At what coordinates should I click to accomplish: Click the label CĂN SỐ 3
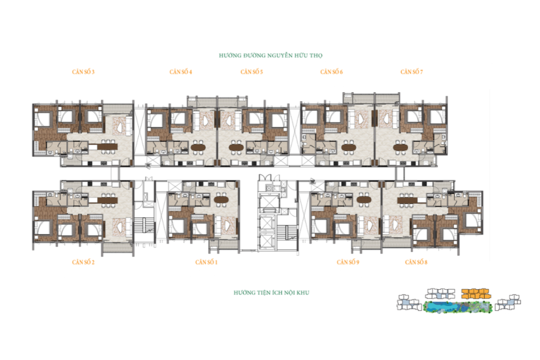pyautogui.click(x=83, y=72)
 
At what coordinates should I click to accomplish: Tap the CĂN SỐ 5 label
pyautogui.click(x=252, y=72)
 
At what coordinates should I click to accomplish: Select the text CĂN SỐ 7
pyautogui.click(x=411, y=72)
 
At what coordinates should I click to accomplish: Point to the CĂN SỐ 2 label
pyautogui.click(x=83, y=262)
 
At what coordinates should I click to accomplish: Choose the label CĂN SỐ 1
pyautogui.click(x=206, y=262)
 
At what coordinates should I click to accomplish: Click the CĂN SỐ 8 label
pyautogui.click(x=416, y=262)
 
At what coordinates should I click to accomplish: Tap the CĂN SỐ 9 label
pyautogui.click(x=348, y=262)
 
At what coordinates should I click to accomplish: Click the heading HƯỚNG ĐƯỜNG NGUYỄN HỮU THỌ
pyautogui.click(x=271, y=55)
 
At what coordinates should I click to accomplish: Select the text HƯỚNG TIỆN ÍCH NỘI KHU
pyautogui.click(x=272, y=293)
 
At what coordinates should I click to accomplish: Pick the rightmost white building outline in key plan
pyautogui.click(x=508, y=302)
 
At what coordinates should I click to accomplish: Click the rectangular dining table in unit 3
pyautogui.click(x=107, y=147)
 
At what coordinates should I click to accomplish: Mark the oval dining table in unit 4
pyautogui.click(x=198, y=147)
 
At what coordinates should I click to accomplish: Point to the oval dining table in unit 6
pyautogui.click(x=349, y=147)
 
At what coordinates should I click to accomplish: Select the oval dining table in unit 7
pyautogui.click(x=401, y=147)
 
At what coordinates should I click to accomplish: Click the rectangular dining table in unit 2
pyautogui.click(x=107, y=200)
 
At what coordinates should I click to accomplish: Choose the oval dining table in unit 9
pyautogui.click(x=364, y=200)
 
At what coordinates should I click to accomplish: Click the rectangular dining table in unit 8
pyautogui.click(x=407, y=200)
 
